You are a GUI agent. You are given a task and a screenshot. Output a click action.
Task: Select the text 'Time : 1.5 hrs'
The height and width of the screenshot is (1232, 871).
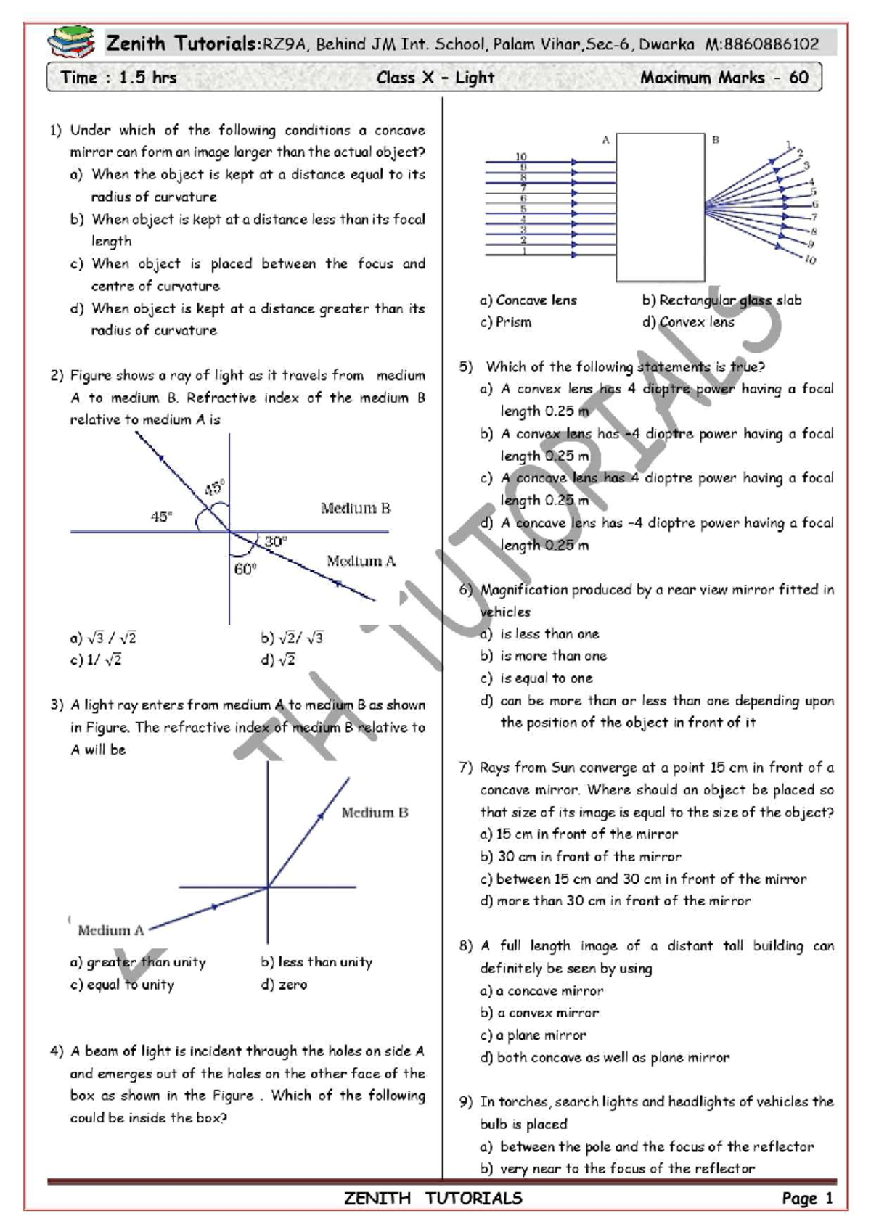click(x=118, y=78)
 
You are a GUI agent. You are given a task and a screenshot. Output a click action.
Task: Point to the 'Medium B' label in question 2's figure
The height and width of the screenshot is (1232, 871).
click(x=356, y=508)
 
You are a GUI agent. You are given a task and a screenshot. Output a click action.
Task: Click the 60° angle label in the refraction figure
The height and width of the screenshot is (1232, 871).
click(x=245, y=569)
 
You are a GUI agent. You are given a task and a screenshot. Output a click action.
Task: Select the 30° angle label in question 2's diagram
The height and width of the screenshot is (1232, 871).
click(x=276, y=541)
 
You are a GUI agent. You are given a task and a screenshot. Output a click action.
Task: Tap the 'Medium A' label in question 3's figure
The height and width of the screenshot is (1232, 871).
click(x=111, y=930)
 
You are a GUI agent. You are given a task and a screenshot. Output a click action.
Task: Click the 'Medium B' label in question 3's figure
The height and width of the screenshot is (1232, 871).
click(x=375, y=813)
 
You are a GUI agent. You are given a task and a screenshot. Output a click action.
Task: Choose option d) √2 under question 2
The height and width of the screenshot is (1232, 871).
click(x=279, y=660)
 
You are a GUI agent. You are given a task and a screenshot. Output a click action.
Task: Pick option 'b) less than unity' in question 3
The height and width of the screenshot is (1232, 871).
click(x=317, y=962)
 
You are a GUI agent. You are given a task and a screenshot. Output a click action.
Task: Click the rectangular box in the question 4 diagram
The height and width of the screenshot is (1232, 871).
click(x=660, y=207)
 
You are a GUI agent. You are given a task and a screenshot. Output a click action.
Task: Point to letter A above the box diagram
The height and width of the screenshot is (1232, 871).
click(x=605, y=140)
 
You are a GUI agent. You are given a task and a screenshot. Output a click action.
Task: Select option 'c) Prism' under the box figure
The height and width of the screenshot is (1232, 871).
click(x=506, y=322)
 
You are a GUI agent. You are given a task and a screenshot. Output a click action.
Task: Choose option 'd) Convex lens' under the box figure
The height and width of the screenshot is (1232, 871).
click(x=688, y=322)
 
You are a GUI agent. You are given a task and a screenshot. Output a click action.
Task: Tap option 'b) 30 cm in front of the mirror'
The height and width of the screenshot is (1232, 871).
click(x=581, y=856)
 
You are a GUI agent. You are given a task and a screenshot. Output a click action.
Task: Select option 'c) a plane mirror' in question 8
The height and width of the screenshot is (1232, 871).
click(x=533, y=1035)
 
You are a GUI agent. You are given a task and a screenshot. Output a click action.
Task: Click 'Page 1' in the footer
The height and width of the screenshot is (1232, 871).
click(x=807, y=1198)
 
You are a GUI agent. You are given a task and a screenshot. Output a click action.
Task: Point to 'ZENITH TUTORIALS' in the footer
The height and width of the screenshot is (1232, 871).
click(x=433, y=1198)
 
